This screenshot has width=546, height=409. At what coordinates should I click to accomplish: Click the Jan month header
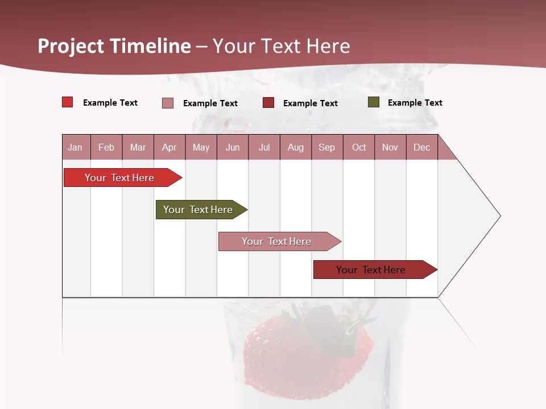point(76,147)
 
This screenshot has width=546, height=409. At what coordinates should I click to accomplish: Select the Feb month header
point(106,147)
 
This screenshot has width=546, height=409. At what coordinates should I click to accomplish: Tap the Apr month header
point(169,147)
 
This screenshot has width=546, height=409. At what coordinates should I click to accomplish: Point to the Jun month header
point(233,147)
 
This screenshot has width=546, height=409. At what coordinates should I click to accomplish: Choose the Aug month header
point(296,147)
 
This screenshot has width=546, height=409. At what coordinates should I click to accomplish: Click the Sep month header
point(327,147)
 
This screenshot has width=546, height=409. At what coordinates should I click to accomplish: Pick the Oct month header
point(359,147)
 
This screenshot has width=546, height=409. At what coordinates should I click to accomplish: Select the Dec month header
point(422,147)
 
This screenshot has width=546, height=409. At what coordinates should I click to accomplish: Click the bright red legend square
point(68,102)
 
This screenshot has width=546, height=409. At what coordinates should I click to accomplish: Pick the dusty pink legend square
point(168,103)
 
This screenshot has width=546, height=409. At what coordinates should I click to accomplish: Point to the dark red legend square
point(268,102)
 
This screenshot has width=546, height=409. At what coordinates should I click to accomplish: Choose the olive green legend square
point(374,102)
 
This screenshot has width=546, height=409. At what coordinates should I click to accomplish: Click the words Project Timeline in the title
point(114,46)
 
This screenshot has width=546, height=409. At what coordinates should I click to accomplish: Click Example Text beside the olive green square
point(415,103)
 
